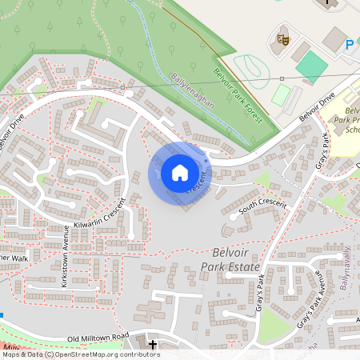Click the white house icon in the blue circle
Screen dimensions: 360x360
pyautogui.click(x=180, y=173)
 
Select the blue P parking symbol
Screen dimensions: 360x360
pyautogui.click(x=350, y=46)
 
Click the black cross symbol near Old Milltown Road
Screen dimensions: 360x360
pyautogui.click(x=152, y=344)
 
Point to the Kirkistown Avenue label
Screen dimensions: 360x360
pyautogui.click(x=67, y=248)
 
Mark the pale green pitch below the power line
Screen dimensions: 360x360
pyautogui.click(x=280, y=96)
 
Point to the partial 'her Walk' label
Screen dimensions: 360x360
pyautogui.click(x=14, y=258)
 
